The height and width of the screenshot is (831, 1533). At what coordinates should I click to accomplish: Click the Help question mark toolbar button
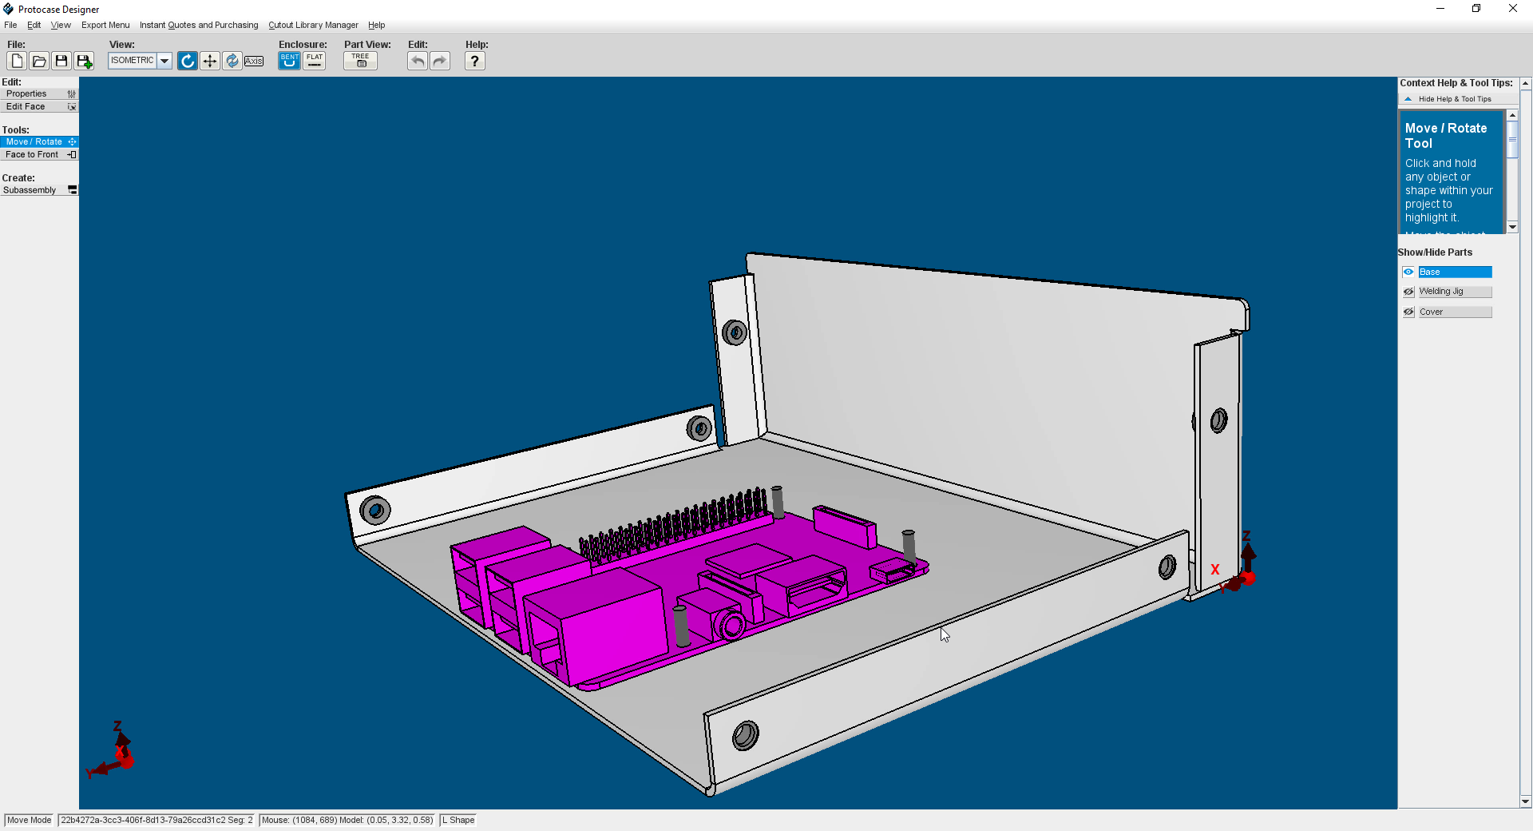point(474,61)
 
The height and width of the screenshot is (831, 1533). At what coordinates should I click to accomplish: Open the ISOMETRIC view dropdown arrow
point(164,61)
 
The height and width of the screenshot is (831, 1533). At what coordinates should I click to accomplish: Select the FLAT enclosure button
point(315,61)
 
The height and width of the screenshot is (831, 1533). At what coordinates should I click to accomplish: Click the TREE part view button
point(360,61)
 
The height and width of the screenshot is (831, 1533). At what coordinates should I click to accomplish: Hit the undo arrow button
point(417,61)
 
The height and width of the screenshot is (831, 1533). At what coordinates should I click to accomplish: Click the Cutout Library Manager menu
point(313,25)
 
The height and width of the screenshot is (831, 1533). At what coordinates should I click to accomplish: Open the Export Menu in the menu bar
point(105,25)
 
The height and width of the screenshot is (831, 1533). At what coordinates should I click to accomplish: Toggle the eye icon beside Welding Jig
point(1408,292)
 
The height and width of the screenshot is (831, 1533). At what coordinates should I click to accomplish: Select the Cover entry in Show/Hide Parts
point(1454,312)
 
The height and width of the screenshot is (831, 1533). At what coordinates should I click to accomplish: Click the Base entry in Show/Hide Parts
point(1454,272)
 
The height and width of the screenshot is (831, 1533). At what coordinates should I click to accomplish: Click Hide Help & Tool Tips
point(1454,99)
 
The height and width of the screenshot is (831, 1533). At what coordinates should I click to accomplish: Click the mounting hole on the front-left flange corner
point(374,510)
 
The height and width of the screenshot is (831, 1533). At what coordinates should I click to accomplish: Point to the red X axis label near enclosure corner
point(1215,570)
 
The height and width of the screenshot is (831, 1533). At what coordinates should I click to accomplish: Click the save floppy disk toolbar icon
point(61,61)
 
